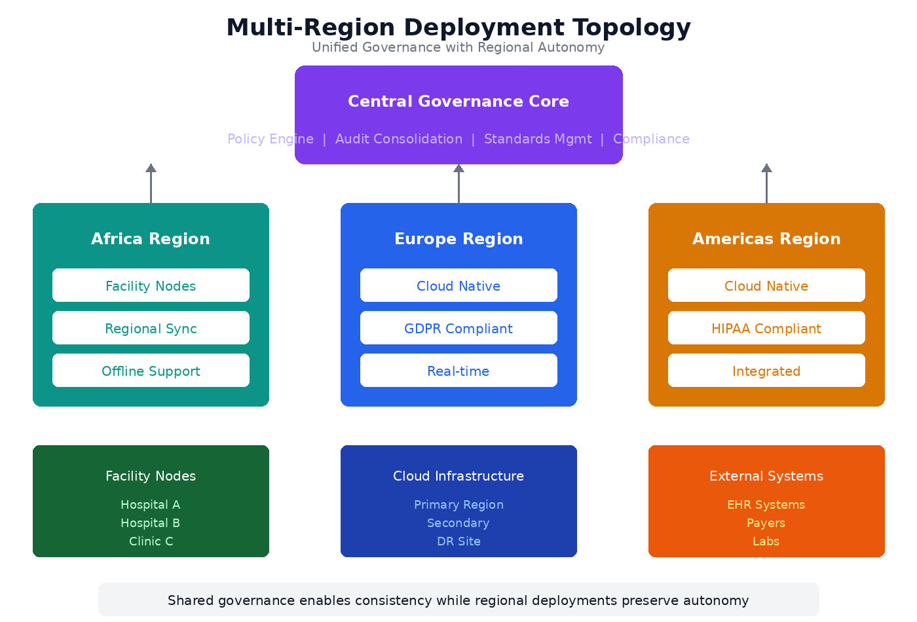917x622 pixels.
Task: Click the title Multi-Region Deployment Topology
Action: click(458, 27)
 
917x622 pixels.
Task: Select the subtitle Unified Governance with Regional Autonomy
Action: click(458, 47)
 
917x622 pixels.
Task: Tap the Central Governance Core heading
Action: click(458, 101)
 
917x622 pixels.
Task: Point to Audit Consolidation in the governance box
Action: click(399, 139)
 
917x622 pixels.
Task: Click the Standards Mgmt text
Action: click(538, 139)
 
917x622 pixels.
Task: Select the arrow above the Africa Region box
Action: click(151, 183)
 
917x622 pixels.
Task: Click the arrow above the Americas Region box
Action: click(766, 183)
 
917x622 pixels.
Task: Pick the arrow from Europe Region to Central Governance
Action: click(458, 183)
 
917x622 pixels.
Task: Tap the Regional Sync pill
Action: click(151, 328)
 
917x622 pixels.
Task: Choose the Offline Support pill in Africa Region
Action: click(151, 371)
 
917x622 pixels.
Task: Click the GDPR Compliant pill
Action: click(458, 328)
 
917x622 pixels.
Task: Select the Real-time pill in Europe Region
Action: click(458, 371)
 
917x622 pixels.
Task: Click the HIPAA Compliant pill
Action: click(766, 328)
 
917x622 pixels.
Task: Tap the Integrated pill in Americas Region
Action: click(766, 371)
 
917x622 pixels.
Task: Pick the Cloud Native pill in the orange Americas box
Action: click(766, 285)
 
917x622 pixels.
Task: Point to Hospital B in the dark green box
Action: click(151, 523)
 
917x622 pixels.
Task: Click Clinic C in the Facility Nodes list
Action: click(151, 541)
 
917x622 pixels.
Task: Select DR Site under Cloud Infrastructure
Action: click(458, 541)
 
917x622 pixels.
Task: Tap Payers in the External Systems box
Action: click(766, 523)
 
